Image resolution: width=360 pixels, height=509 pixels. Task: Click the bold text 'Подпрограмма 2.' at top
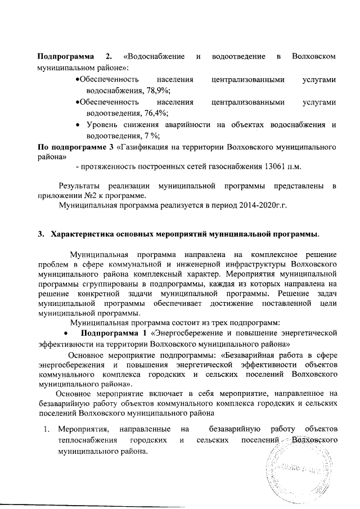click(73, 57)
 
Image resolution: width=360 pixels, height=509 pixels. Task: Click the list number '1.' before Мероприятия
click(47, 430)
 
